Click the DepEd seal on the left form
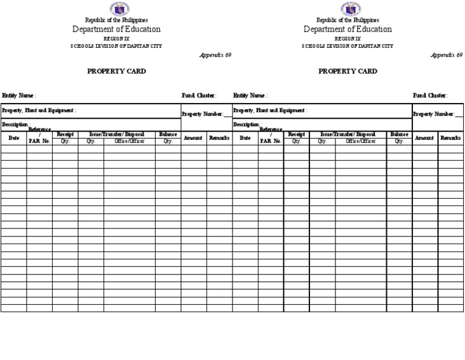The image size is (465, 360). coord(119,9)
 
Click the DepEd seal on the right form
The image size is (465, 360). coord(351,9)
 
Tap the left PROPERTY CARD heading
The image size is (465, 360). coord(116,71)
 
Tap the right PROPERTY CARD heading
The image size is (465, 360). coord(348,71)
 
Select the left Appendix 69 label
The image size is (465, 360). coord(215,55)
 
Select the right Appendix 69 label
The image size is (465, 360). coord(446,55)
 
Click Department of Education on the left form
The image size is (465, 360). coord(116,29)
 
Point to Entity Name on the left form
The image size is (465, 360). coord(19,95)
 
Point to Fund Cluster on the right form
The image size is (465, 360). coord(430,95)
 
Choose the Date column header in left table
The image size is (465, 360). coord(13,138)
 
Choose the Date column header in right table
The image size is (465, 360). coord(245,138)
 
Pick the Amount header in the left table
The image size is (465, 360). coord(193,138)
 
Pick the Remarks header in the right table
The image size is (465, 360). coord(450,138)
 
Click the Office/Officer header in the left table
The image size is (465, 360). coord(129,141)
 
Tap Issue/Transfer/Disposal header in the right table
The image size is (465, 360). coord(348,134)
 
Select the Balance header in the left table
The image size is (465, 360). coord(168,134)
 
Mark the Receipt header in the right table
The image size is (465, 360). coord(296,134)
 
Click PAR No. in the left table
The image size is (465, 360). coord(39,141)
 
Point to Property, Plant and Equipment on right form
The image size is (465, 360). coord(270,110)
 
